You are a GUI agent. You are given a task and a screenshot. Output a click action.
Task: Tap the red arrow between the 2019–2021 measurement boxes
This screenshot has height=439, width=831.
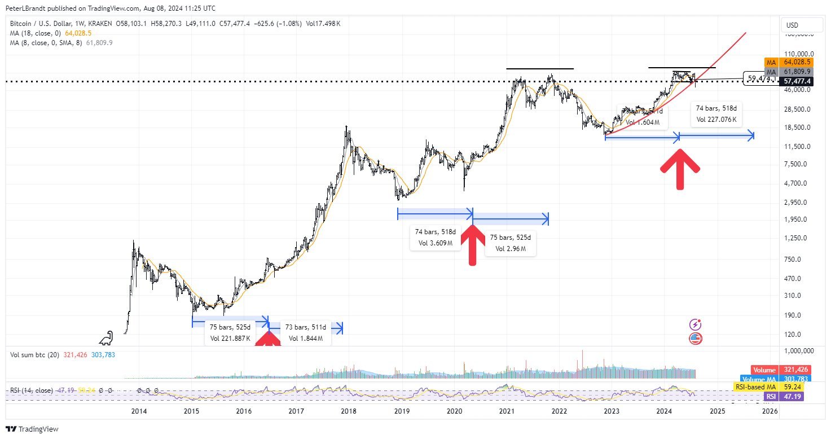tap(472, 244)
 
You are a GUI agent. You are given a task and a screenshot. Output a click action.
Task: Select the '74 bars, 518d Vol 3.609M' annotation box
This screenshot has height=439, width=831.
tap(434, 237)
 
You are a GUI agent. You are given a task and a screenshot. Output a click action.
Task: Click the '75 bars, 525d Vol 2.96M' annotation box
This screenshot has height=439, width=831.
tap(510, 243)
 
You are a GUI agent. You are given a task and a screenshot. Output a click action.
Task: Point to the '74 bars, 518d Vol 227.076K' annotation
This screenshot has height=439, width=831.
tap(716, 113)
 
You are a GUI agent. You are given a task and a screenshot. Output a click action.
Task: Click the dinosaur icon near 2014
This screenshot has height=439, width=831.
tap(106, 338)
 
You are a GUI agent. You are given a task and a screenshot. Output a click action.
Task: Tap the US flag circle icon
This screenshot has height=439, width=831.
tap(696, 339)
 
